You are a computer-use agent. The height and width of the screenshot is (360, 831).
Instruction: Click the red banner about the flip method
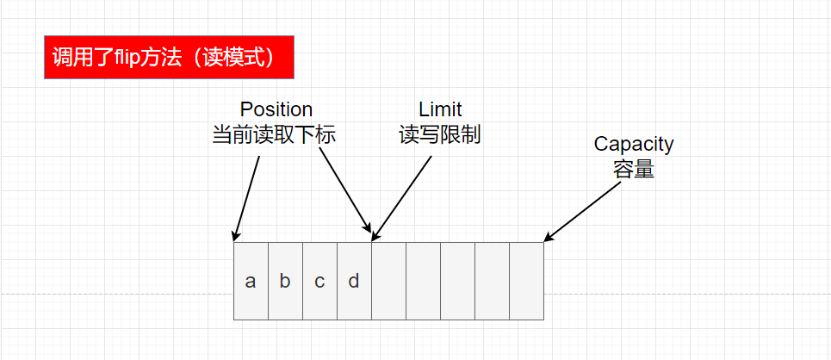click(169, 58)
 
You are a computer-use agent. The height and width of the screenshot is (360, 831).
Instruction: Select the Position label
click(276, 110)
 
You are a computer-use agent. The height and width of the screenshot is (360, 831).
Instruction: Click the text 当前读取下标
click(273, 136)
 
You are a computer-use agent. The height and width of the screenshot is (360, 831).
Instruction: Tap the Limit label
click(440, 110)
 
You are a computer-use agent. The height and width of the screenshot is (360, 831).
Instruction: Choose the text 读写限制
click(440, 136)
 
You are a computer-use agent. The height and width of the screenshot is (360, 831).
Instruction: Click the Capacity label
click(634, 144)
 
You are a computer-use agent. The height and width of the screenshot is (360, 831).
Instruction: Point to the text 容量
click(634, 170)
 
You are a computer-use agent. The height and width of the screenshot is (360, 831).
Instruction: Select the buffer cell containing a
click(251, 282)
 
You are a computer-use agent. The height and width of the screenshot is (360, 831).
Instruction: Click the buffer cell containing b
click(285, 282)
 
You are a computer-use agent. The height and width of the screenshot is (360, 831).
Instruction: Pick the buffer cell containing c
click(319, 282)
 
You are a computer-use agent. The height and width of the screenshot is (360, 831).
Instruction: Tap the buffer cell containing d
click(354, 282)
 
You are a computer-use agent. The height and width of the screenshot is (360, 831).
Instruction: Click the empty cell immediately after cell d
click(388, 282)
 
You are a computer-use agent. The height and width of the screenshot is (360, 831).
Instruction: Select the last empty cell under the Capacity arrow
click(526, 282)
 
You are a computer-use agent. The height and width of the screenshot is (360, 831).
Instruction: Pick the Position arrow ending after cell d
click(344, 189)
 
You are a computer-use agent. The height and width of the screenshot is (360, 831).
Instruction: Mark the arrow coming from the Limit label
click(401, 194)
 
